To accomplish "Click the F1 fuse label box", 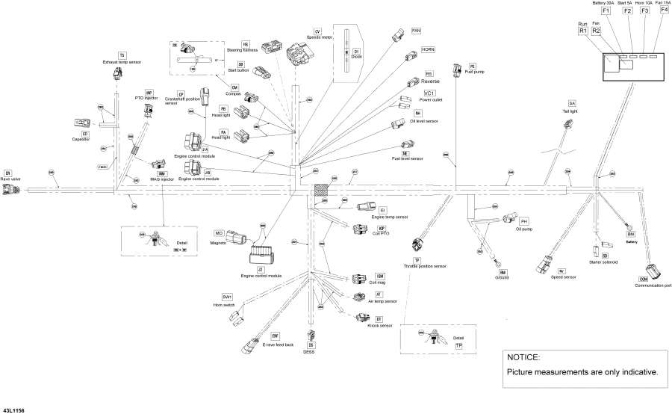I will pos(606,10).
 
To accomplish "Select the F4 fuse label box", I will pos(664,10).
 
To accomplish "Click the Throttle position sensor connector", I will pos(417,244).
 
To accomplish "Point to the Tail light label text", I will pos(571,110).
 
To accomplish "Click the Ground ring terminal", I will pos(495,262).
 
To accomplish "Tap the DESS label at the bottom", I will pos(310,351).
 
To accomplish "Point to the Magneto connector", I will pos(237,238).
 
